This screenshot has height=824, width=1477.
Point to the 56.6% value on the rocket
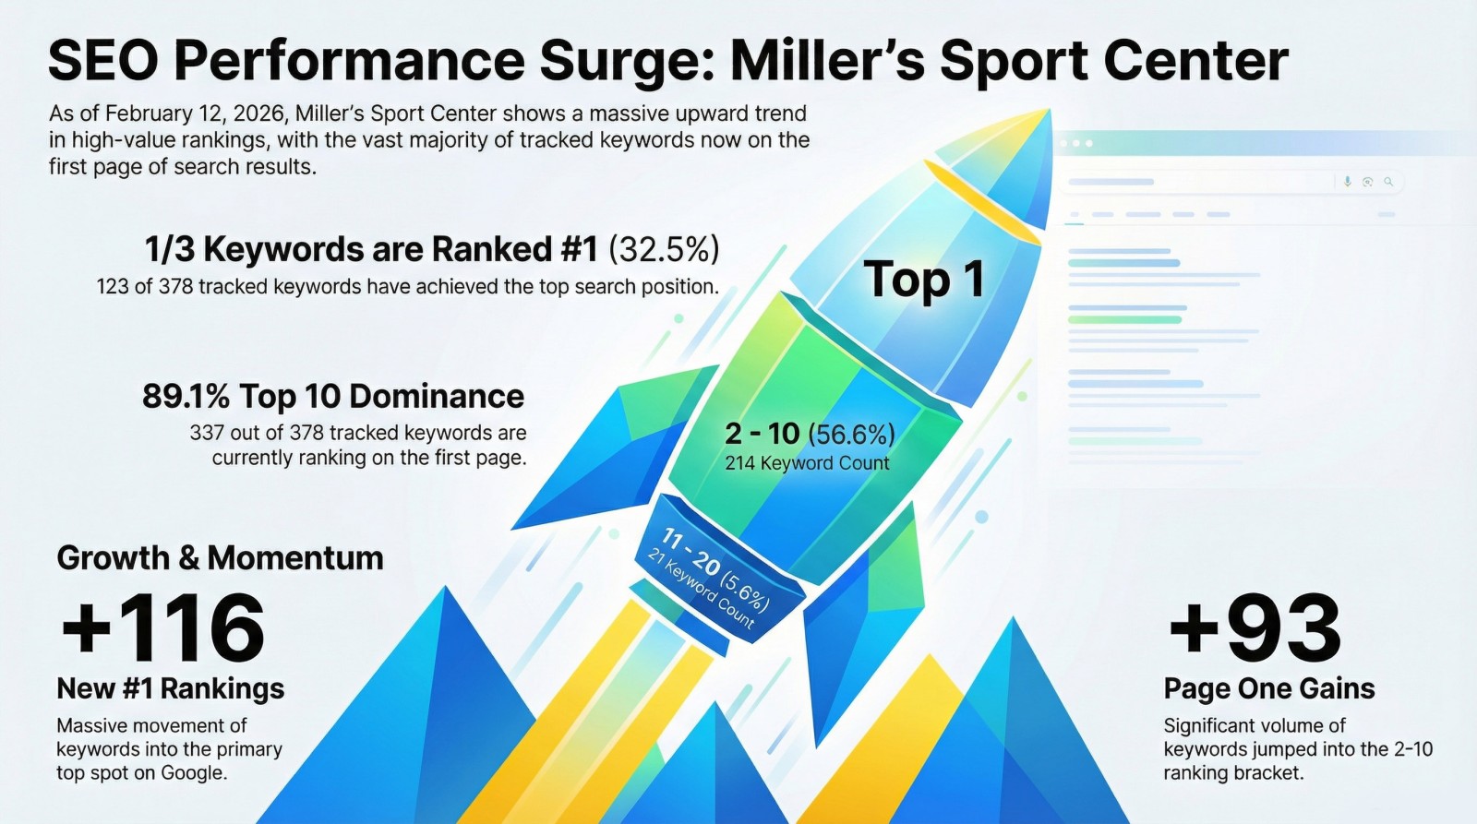(x=851, y=435)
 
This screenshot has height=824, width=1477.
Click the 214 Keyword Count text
(x=807, y=463)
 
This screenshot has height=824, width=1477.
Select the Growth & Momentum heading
(x=220, y=558)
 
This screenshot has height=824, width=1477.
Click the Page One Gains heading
(x=1269, y=689)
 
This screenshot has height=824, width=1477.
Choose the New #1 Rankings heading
(x=170, y=689)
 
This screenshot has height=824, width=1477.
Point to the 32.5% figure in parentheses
(x=664, y=250)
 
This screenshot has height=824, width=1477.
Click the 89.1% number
(x=186, y=396)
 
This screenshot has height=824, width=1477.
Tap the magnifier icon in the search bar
(x=1388, y=181)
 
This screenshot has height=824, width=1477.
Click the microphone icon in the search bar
(x=1347, y=181)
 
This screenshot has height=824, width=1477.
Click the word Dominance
(x=437, y=396)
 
